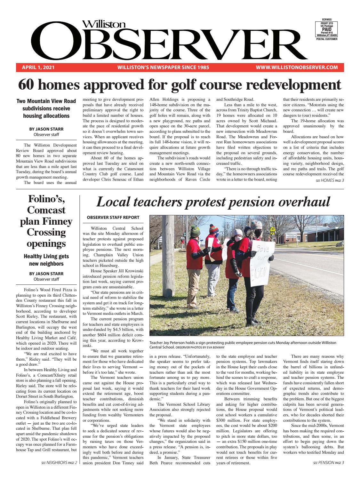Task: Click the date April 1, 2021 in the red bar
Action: pos(38,68)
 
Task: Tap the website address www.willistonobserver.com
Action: pos(297,68)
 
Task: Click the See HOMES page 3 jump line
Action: pos(330,180)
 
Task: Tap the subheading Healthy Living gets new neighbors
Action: pos(46,260)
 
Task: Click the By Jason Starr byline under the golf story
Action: pos(46,129)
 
